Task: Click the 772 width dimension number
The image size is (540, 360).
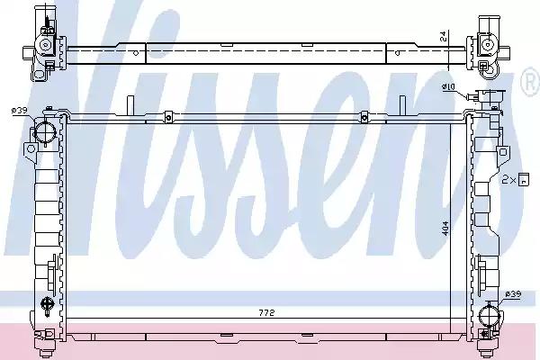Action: point(266,313)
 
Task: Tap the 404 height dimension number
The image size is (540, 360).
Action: point(445,228)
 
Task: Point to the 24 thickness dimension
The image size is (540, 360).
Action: point(445,36)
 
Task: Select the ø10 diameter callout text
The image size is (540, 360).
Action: point(448,87)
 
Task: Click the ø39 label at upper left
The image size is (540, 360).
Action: point(19,110)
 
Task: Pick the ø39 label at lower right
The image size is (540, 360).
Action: point(514,294)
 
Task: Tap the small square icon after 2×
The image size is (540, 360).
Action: point(524,179)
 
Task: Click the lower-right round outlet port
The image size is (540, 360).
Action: point(489,314)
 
